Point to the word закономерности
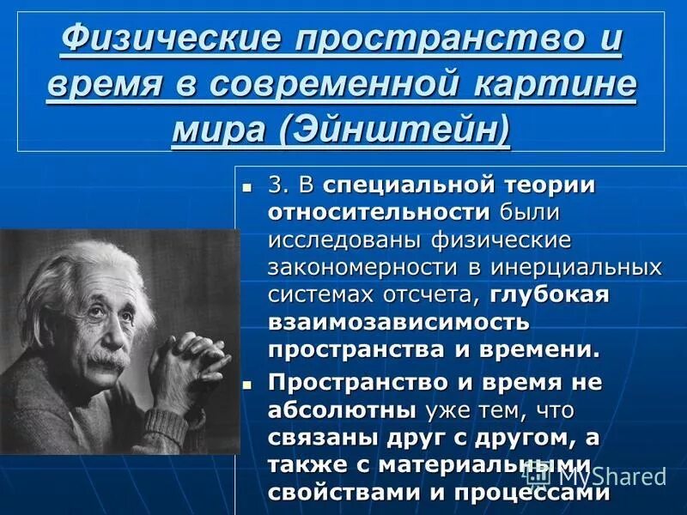[x=364, y=268]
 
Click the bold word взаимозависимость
[x=398, y=323]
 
